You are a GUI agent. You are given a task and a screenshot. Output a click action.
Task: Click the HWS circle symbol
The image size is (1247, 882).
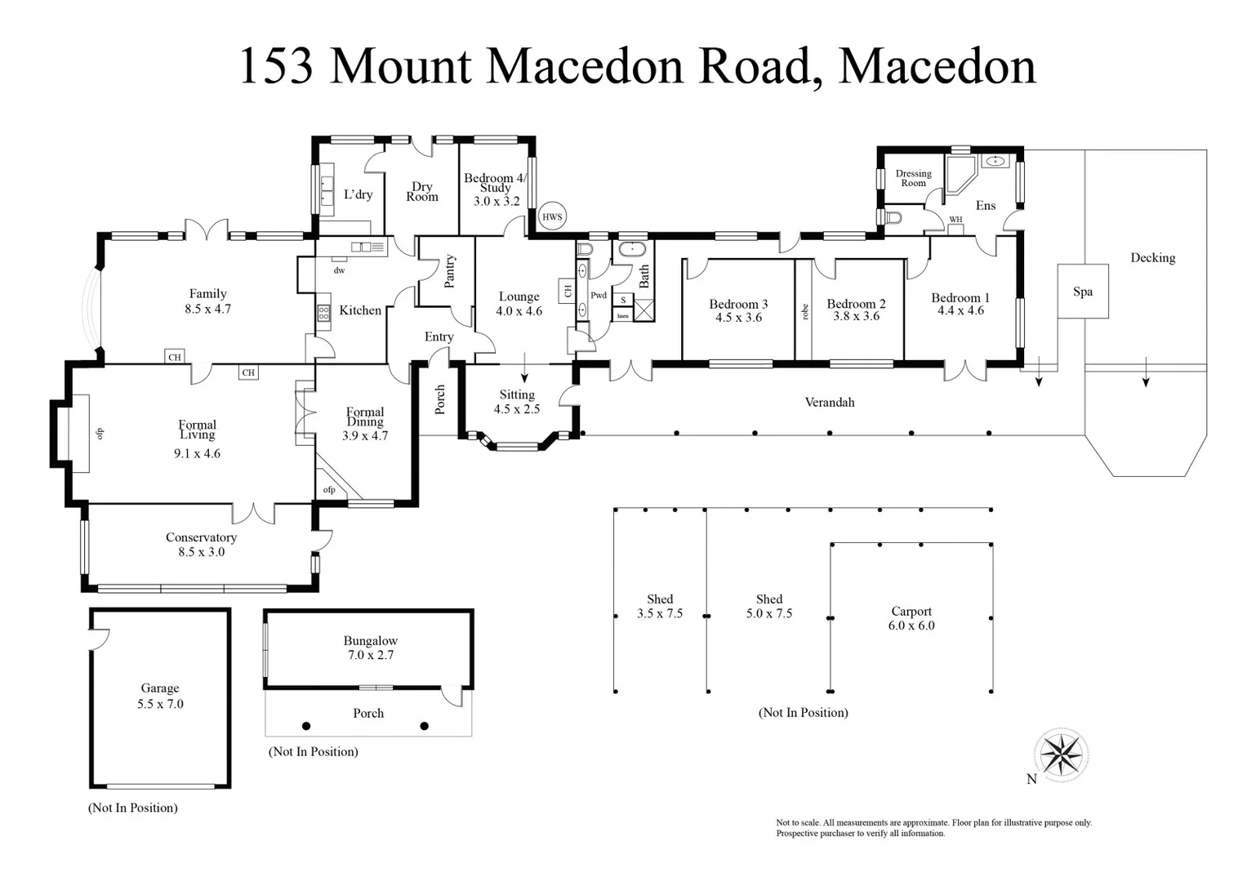pos(553,216)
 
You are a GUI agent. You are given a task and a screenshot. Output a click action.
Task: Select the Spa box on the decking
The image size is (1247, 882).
pos(1083,292)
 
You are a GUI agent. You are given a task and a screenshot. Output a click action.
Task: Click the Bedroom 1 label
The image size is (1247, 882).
pos(960,298)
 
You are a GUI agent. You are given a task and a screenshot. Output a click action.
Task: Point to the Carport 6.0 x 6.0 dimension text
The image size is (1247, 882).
pos(911,626)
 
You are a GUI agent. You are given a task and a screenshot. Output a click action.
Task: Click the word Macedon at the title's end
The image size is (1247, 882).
pos(937,66)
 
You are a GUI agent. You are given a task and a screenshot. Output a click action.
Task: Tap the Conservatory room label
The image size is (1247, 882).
pos(201,537)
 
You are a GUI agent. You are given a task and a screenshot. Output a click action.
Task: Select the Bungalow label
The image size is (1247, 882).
pos(370,641)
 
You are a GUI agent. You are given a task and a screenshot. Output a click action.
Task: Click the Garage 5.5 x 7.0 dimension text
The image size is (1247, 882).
pos(160,704)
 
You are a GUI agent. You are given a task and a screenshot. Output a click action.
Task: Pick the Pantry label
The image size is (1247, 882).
pos(448,271)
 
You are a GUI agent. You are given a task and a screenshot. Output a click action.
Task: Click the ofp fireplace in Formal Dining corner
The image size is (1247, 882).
pos(330,489)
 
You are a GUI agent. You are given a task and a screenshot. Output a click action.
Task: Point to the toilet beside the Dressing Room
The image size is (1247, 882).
pos(893,217)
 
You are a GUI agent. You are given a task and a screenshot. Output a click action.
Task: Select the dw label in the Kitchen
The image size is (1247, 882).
pos(339,270)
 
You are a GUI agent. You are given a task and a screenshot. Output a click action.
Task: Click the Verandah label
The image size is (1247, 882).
pos(830,402)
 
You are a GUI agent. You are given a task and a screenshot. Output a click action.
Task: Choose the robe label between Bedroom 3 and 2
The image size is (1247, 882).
pos(805,311)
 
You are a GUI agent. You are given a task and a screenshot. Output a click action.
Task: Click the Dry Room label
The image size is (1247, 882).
pos(422,192)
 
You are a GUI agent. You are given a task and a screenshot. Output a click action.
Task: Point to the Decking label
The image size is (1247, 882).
pos(1152,258)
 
